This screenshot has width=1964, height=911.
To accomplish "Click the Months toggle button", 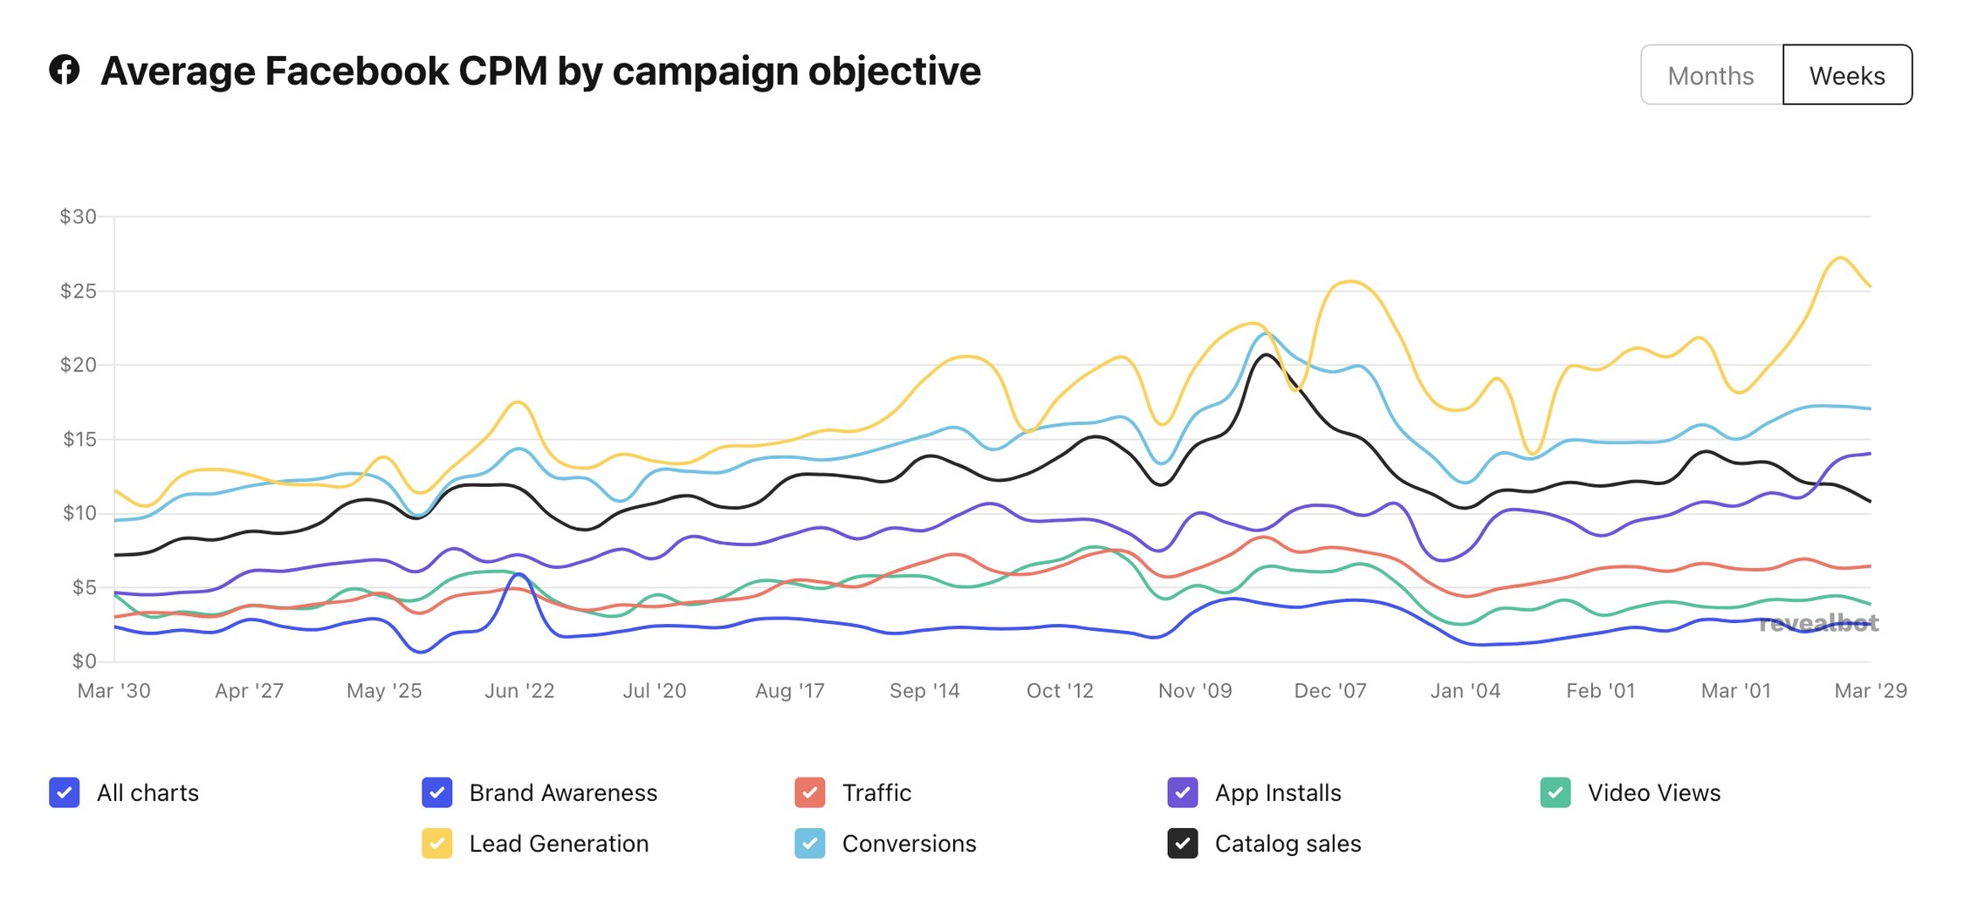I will click(1710, 76).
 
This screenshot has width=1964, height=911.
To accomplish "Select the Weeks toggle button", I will click(1846, 76).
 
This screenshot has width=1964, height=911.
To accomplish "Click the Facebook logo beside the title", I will click(65, 70).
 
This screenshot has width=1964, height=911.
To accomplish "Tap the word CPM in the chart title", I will click(503, 72).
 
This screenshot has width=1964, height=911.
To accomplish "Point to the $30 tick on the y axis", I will click(78, 216).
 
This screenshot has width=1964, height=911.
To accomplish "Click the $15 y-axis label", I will click(79, 439).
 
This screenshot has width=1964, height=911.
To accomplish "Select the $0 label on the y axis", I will click(83, 661).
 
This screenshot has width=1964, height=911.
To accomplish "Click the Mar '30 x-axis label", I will click(113, 691).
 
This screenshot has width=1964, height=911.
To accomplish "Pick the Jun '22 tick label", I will click(519, 691).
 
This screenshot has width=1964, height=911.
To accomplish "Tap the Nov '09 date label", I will click(1194, 691).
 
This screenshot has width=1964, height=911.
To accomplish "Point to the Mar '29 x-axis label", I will click(1870, 691).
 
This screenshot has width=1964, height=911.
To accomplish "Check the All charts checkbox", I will click(65, 792).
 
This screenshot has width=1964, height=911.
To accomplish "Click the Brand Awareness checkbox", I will click(436, 792).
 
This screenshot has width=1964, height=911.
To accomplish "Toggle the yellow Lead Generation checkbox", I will click(436, 844).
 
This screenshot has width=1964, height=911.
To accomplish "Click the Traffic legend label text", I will click(876, 792).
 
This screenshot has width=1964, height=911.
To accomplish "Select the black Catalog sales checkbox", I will click(1182, 844).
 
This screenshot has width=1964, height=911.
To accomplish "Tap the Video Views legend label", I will click(1653, 792).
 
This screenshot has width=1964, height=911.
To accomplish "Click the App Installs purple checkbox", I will click(1182, 792).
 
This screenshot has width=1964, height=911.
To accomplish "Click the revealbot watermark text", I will click(1818, 623).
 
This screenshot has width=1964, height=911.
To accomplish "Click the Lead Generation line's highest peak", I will click(1839, 257).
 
